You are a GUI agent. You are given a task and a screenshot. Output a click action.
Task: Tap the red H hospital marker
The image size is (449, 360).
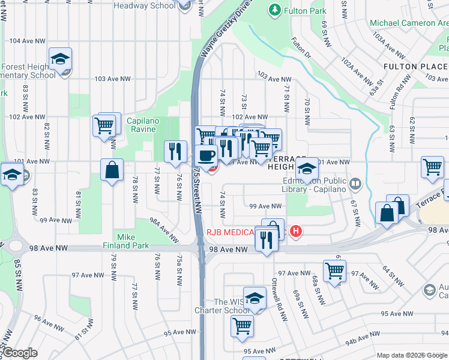[x=295, y=231]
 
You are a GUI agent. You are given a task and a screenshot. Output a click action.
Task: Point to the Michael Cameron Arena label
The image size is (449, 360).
[x=408, y=23]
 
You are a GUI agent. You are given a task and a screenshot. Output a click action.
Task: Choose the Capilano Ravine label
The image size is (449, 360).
[x=143, y=125]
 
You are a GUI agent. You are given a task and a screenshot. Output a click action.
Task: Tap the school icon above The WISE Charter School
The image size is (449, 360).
[x=255, y=298]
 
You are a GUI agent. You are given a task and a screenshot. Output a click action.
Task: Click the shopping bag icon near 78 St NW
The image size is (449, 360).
[x=112, y=170]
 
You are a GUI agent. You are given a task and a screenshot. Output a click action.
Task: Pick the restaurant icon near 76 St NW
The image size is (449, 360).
[x=175, y=151]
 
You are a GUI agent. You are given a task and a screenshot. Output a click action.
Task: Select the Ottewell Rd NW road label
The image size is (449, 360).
[x=278, y=293]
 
